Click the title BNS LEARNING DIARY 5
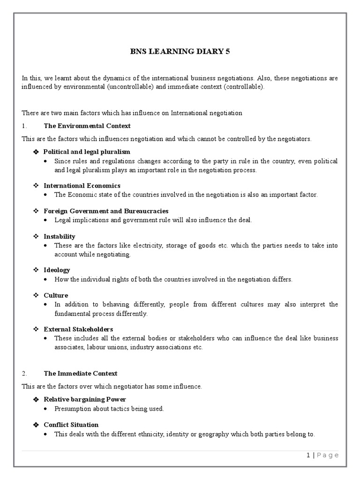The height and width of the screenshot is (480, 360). click(180, 52)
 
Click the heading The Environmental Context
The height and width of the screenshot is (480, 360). click(87, 126)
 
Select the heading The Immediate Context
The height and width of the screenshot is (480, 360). click(80, 374)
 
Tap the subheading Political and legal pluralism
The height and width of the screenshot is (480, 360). click(87, 152)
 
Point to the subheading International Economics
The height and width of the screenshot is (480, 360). click(82, 186)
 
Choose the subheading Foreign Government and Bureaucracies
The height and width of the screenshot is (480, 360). click(106, 211)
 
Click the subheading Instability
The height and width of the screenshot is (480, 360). click(59, 236)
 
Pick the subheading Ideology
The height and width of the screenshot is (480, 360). click(57, 270)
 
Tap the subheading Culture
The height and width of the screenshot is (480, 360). click(56, 295)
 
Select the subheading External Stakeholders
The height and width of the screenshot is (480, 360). click(78, 329)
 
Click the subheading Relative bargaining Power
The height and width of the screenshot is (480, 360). click(85, 399)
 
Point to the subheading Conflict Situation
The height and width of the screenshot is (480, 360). click(71, 425)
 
